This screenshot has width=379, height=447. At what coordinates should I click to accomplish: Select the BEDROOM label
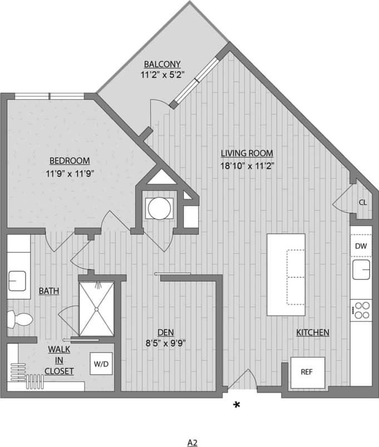click(x=68, y=161)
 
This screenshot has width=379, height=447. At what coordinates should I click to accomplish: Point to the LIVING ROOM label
click(x=247, y=154)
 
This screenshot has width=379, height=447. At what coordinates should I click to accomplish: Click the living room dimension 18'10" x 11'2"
click(x=247, y=165)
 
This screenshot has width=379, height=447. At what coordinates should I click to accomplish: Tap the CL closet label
click(x=362, y=203)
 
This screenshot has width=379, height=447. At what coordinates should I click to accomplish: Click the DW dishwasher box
click(x=361, y=245)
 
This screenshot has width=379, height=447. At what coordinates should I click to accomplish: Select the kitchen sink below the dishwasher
click(x=361, y=269)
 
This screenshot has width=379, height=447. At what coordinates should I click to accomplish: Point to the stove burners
click(x=362, y=310)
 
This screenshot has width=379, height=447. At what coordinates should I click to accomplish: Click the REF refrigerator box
click(x=307, y=372)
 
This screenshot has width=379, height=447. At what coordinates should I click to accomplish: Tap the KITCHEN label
click(x=312, y=332)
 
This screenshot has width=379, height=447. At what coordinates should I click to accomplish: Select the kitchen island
click(x=286, y=275)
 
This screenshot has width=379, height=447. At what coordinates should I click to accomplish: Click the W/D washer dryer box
click(x=101, y=365)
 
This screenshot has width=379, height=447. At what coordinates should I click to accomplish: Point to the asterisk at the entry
click(x=237, y=405)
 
